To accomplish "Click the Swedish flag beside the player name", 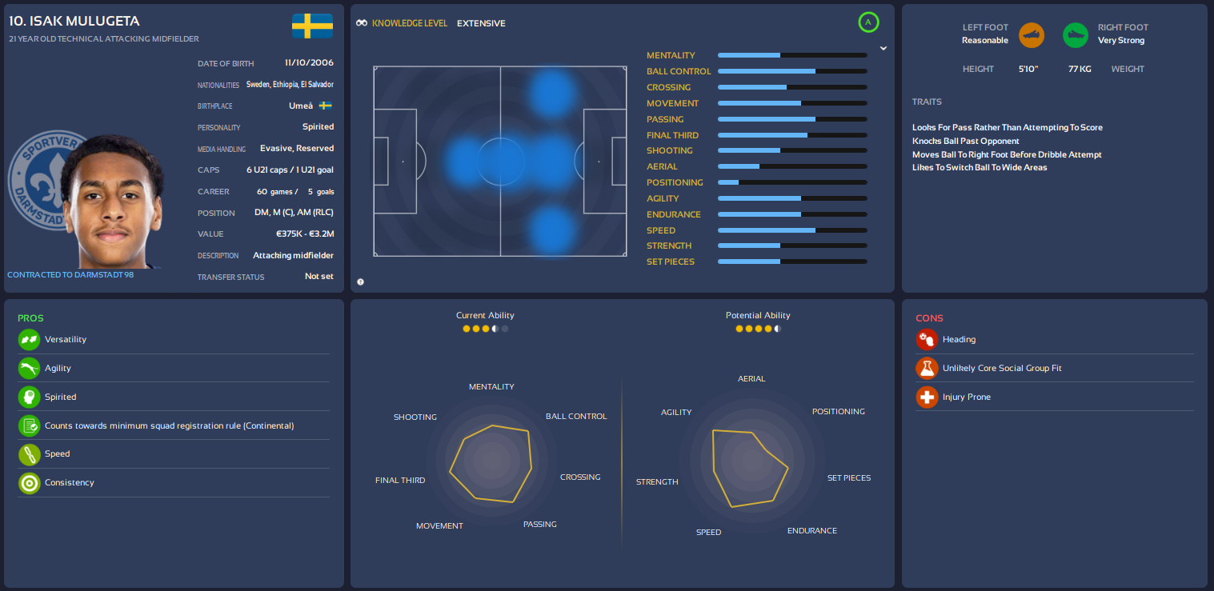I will point(312,26).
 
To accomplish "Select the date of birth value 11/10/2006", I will point(309,62).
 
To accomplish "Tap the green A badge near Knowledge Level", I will point(868,22).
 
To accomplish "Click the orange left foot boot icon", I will point(1031,34).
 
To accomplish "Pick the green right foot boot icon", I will point(1075,34).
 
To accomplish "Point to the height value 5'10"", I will point(1028,69).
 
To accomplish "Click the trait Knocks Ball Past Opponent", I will point(965,141).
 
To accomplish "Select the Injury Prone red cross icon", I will point(927,397).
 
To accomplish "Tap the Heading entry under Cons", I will point(959,339).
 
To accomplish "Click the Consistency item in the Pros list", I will point(70,482).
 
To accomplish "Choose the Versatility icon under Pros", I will point(29,339).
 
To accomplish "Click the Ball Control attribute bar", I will point(792,71).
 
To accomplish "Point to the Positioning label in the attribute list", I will point(675,182).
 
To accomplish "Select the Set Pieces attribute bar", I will point(792,262).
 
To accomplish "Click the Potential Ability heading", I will point(757,315).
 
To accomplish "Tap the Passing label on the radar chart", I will point(539,524).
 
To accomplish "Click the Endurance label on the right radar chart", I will point(811,530).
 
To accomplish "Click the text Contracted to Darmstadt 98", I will point(70,274).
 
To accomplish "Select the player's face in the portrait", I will point(113,204).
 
